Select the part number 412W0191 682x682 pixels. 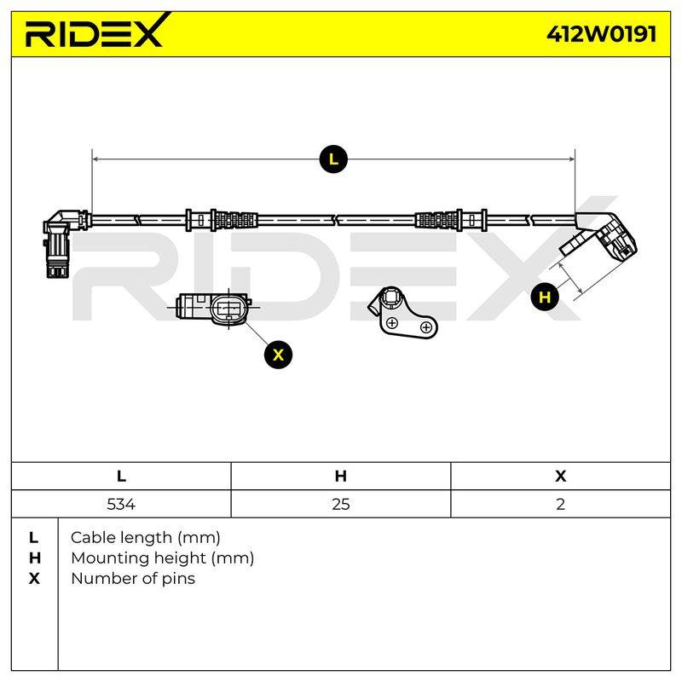(602, 33)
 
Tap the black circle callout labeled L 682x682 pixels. (333, 159)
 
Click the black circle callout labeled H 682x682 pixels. (545, 298)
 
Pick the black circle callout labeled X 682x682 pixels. (279, 355)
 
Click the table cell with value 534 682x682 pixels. (121, 504)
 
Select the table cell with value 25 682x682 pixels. (340, 504)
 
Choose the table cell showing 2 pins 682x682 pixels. (561, 504)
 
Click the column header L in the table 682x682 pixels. (121, 477)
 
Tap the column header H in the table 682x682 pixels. (340, 477)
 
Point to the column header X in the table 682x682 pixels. (561, 477)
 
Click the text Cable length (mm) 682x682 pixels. (145, 538)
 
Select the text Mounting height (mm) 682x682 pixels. (162, 558)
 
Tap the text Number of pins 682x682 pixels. (133, 579)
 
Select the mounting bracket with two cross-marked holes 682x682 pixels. (402, 312)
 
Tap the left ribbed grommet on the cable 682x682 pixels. (234, 220)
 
